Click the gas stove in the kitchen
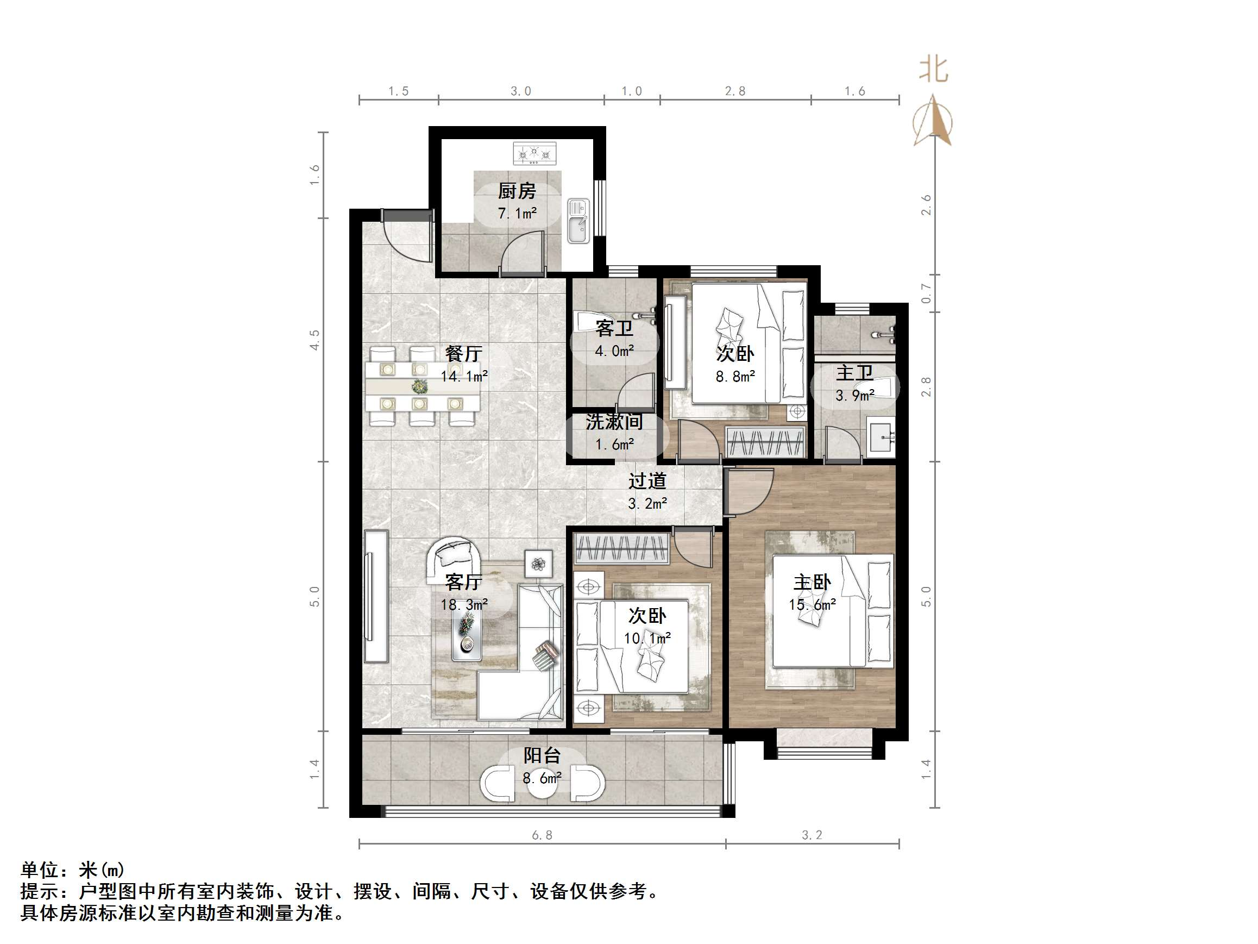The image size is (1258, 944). click(x=534, y=154)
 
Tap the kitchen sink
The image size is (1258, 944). click(x=578, y=221)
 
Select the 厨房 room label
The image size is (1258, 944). click(x=517, y=191)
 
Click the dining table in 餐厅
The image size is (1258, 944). click(x=422, y=387)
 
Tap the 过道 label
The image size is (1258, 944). click(x=647, y=482)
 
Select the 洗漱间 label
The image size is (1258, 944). click(x=614, y=422)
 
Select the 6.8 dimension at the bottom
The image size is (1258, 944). click(x=542, y=835)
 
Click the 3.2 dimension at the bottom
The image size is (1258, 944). click(x=812, y=835)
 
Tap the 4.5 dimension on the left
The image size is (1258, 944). click(x=314, y=340)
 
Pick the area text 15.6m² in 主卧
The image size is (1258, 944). click(x=812, y=605)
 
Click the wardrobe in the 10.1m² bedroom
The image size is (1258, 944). click(x=621, y=549)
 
